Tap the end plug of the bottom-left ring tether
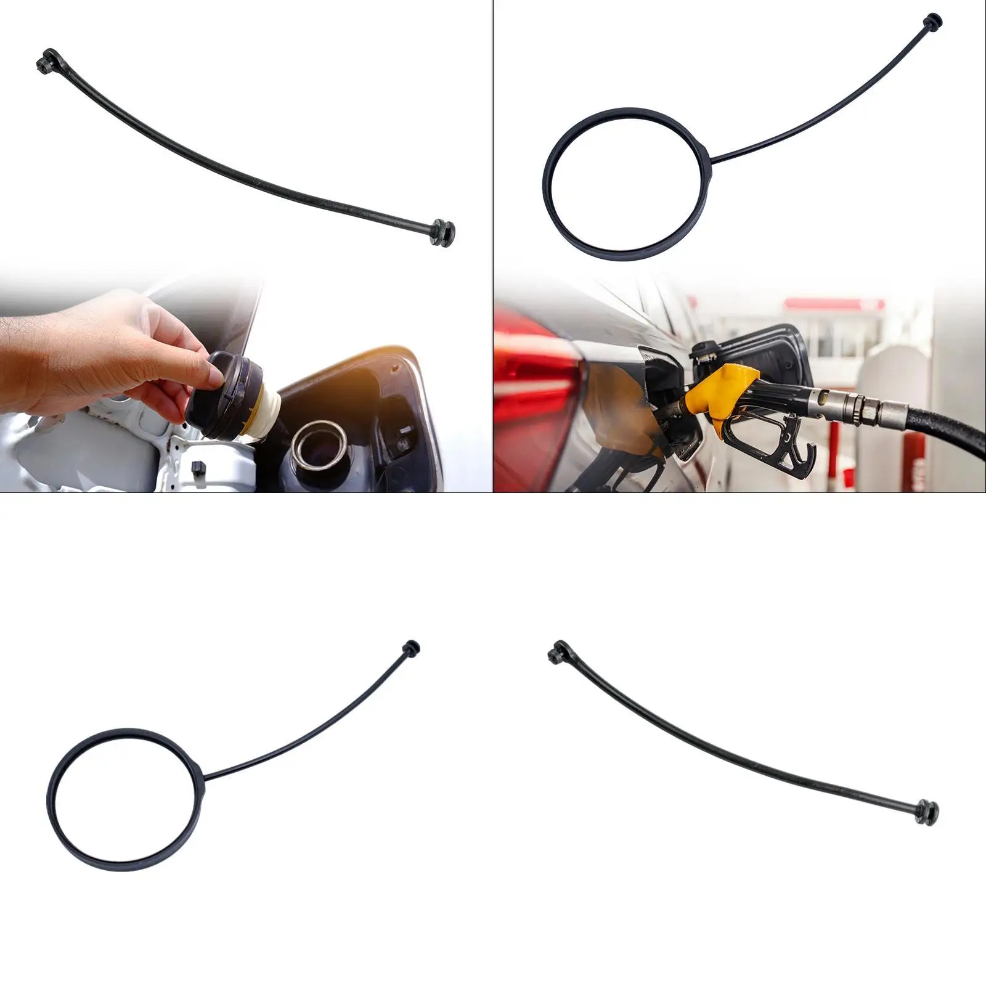coord(411,648)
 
